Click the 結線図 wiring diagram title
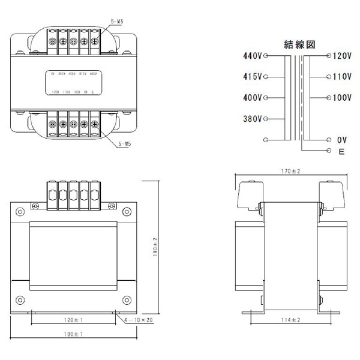tap(299, 44)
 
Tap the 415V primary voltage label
tap(253, 77)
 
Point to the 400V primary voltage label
tap(253, 97)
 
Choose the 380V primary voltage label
tap(253, 118)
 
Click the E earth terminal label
tap(341, 152)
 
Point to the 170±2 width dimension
tap(291, 172)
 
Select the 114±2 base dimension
tap(291, 320)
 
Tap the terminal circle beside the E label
tap(328, 150)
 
